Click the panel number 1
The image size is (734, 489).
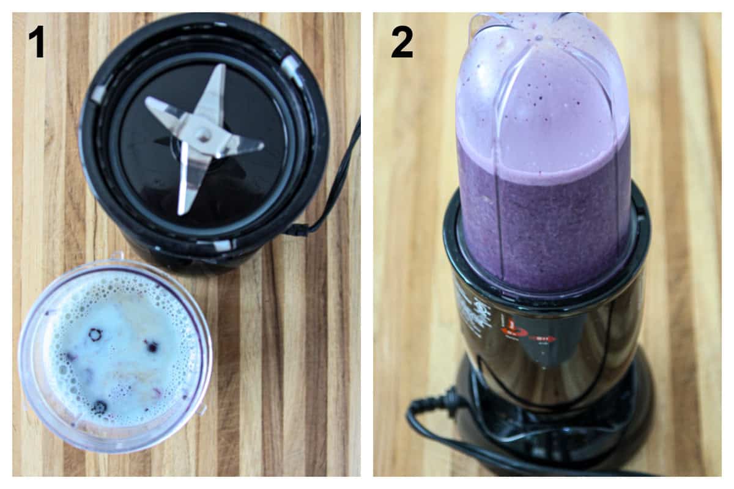[x=37, y=41]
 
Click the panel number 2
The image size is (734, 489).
[x=402, y=41]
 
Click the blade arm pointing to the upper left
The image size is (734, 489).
[x=163, y=110]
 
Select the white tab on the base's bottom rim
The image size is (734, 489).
[x=220, y=246]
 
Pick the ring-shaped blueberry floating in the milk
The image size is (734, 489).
[x=95, y=334]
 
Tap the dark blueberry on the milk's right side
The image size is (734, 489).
[x=151, y=347]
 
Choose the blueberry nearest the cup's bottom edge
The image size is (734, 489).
[x=99, y=406]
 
